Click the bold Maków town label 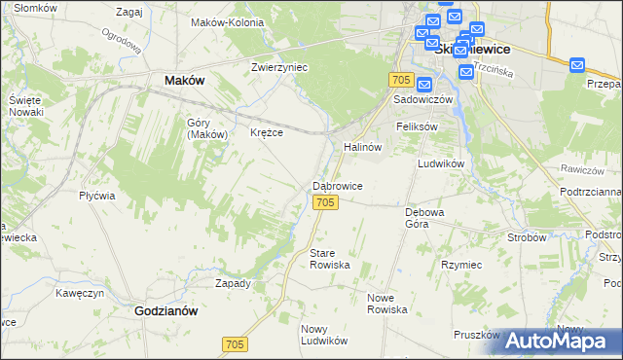click(x=185, y=81)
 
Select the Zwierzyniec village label click(x=279, y=67)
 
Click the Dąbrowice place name click(x=338, y=185)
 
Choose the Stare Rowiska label click(x=328, y=259)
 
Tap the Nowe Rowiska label click(x=386, y=303)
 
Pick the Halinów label click(x=361, y=146)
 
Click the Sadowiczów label click(x=423, y=100)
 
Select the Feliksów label click(x=417, y=126)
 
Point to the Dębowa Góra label click(x=424, y=217)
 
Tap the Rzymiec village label click(x=460, y=264)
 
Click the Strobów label click(x=527, y=236)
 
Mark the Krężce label click(x=267, y=132)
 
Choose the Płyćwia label click(x=97, y=195)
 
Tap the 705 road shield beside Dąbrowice click(x=326, y=201)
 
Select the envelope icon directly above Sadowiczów click(x=423, y=85)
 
